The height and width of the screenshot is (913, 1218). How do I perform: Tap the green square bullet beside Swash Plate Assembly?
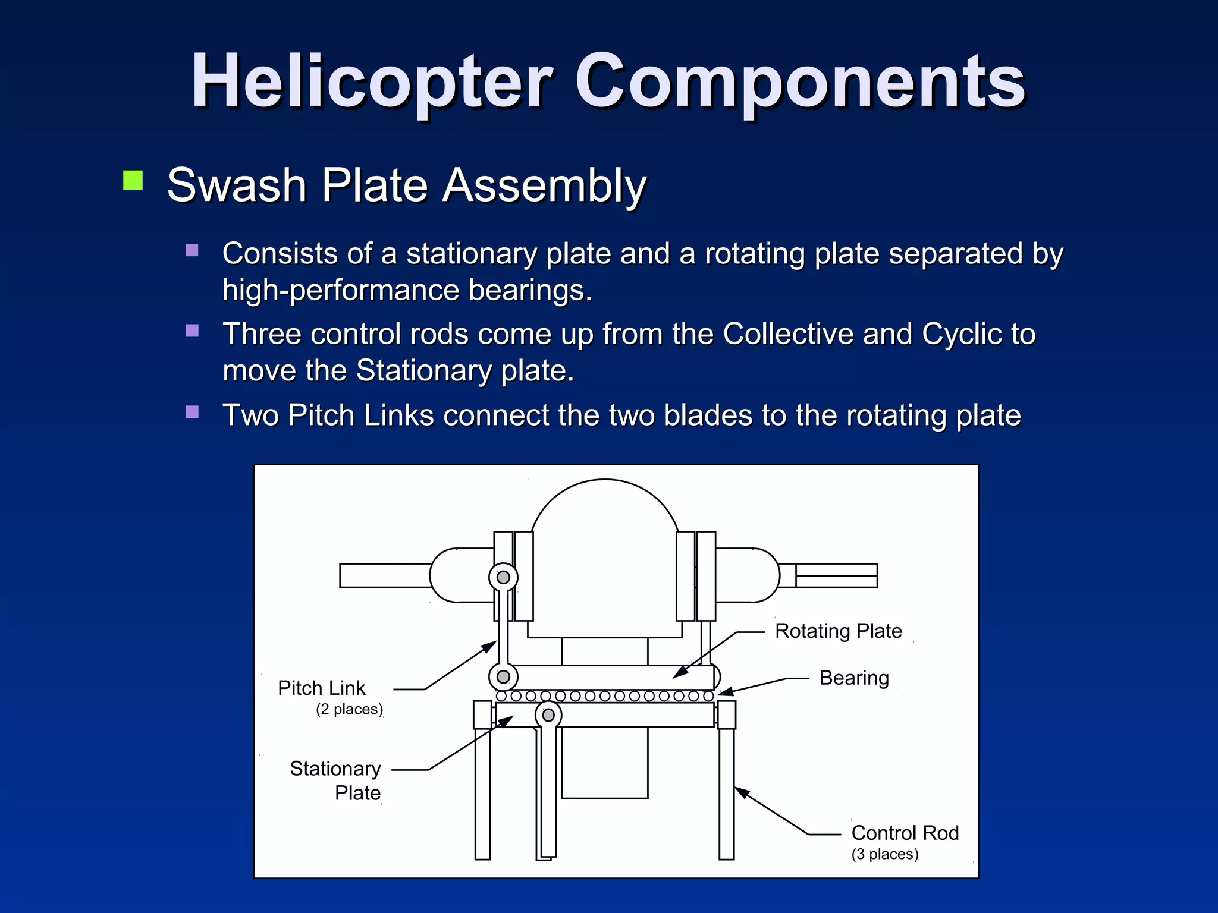coord(133,180)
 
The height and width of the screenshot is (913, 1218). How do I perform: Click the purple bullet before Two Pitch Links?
coord(192,412)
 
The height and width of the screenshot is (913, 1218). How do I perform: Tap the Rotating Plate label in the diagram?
coord(838,631)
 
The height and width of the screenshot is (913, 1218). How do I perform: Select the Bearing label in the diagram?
coord(854,678)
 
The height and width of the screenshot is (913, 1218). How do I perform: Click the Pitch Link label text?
coord(321,688)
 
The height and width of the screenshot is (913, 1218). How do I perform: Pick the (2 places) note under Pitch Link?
coord(349,709)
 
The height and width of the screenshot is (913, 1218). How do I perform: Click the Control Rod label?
coord(905,833)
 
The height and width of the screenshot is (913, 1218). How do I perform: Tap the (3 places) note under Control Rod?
coord(885,854)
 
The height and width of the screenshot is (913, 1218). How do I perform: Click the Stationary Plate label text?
coord(336,780)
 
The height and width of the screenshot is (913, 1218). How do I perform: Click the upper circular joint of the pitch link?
coord(503,577)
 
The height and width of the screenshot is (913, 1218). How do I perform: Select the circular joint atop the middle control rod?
coord(548,715)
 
